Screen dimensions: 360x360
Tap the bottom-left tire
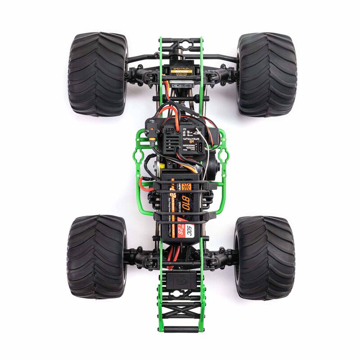95,256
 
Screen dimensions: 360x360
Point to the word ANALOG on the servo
179,75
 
